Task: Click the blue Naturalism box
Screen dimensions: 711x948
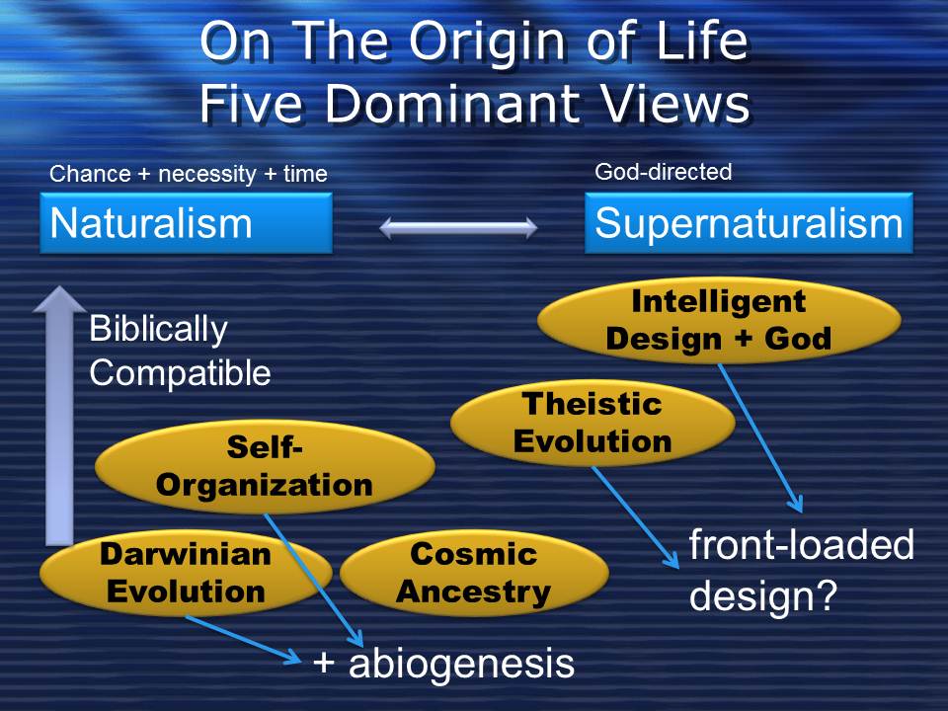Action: click(186, 223)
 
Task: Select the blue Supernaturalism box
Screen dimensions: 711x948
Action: click(749, 223)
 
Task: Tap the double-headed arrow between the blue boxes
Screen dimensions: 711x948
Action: click(458, 228)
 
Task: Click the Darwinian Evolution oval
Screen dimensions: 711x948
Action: click(186, 574)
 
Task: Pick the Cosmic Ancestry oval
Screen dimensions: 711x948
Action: click(473, 574)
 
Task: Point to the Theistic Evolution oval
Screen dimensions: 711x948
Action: click(592, 423)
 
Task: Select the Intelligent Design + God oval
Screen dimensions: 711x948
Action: click(719, 320)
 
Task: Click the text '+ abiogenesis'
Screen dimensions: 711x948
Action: click(443, 664)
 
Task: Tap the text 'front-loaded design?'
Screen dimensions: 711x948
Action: click(800, 571)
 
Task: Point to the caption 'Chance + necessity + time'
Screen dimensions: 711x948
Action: click(188, 174)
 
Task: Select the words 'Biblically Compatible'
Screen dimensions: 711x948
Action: click(178, 351)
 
